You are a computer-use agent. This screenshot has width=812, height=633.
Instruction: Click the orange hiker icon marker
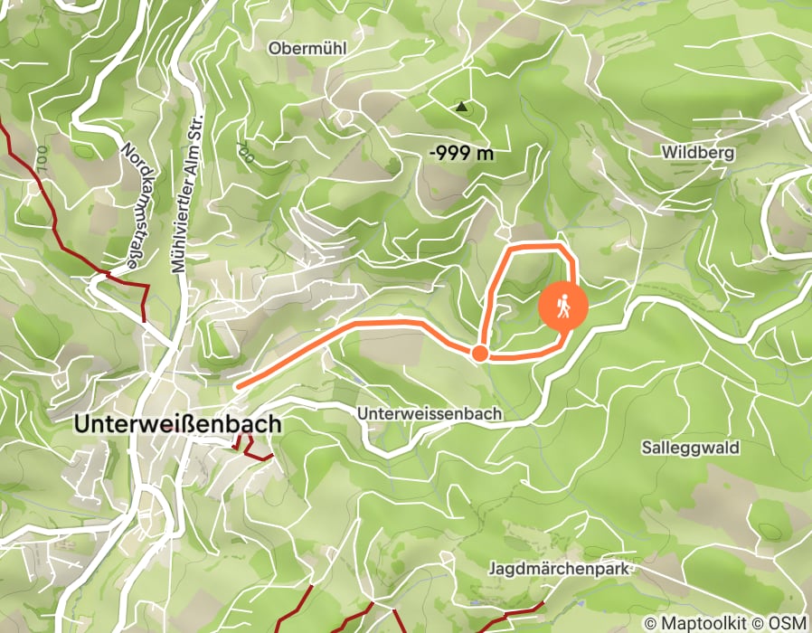coord(563,307)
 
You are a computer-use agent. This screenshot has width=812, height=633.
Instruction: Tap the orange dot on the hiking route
coord(480,353)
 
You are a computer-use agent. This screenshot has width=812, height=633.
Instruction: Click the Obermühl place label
coord(308,48)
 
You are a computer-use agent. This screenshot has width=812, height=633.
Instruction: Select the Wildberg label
coord(697,152)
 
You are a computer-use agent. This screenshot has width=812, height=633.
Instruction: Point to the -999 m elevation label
coord(461,153)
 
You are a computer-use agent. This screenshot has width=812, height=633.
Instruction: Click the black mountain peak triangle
coord(462,107)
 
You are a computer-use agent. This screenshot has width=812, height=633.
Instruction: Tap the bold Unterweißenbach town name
coord(178,423)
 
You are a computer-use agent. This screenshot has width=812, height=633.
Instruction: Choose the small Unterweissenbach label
coord(430,413)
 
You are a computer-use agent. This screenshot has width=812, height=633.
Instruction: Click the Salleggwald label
coord(691,448)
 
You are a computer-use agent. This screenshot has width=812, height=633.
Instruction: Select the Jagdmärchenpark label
coord(558,570)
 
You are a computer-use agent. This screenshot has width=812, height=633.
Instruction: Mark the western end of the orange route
coord(240,387)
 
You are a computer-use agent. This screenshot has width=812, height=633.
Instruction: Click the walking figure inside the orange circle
coord(563,307)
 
